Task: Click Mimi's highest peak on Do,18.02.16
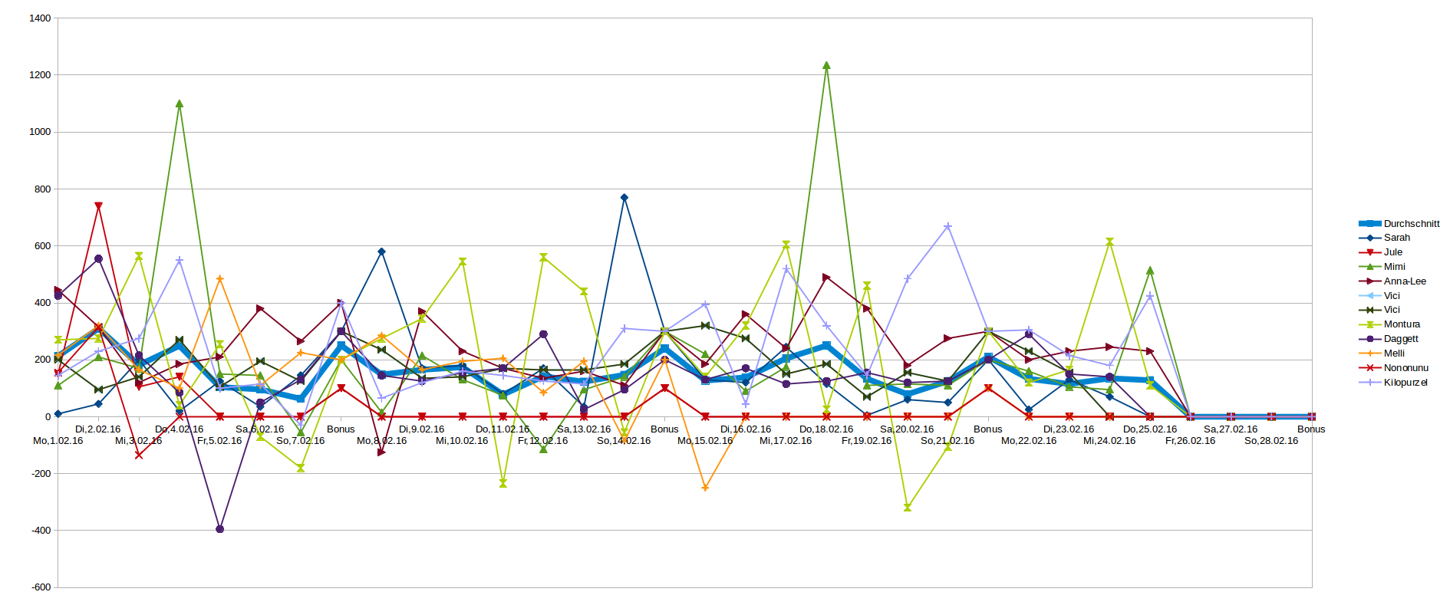[826, 65]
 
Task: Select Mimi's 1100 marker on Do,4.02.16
[180, 104]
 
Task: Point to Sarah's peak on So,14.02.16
[624, 198]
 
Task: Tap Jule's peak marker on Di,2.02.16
[98, 206]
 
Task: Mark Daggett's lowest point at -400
[220, 529]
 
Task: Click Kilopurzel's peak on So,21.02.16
[948, 226]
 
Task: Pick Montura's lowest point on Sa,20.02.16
[908, 508]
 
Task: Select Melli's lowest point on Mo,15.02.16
[705, 488]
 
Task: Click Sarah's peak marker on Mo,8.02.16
[381, 252]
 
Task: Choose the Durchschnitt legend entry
[1411, 224]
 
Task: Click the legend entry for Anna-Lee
[1404, 281]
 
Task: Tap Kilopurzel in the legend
[1405, 383]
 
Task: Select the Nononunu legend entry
[1406, 368]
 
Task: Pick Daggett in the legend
[1400, 339]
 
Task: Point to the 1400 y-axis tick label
[41, 18]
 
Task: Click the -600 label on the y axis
[41, 587]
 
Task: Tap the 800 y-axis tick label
[43, 189]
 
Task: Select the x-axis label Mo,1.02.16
[58, 441]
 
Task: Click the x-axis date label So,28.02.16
[1271, 441]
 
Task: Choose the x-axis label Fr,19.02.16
[867, 441]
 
